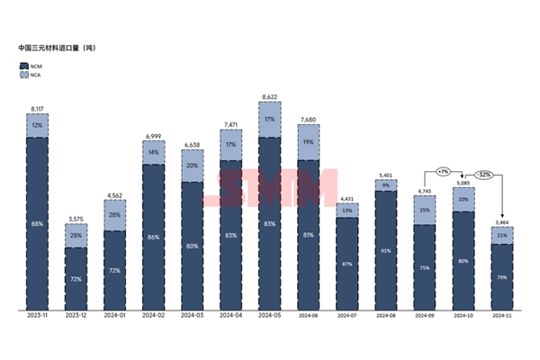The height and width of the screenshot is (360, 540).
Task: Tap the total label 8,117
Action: tap(37, 107)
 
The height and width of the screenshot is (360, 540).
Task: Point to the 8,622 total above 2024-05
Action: tap(269, 96)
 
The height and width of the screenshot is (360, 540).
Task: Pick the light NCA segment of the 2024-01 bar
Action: tap(114, 215)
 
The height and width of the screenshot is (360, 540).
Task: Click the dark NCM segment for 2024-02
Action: tap(153, 238)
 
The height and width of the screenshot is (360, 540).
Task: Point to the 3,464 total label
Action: tap(500, 220)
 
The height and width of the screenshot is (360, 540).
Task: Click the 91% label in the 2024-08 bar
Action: tap(385, 251)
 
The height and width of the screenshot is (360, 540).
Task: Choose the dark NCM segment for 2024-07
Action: tap(346, 263)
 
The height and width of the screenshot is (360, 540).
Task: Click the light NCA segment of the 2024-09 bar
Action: tap(424, 210)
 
